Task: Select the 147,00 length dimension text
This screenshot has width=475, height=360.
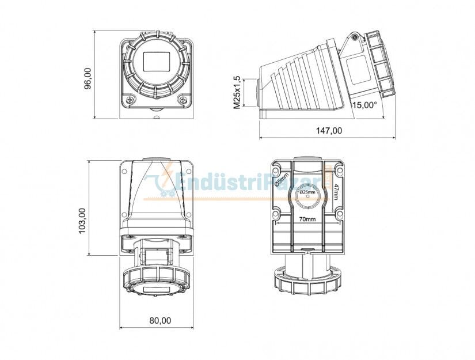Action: click(x=329, y=131)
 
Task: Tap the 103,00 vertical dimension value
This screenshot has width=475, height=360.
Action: click(x=82, y=220)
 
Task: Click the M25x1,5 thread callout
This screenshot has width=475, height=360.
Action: click(x=237, y=92)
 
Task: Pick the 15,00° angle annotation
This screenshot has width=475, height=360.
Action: click(x=364, y=105)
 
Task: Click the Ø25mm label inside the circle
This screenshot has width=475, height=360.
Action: click(x=307, y=191)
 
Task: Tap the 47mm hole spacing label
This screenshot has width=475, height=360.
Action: click(x=336, y=190)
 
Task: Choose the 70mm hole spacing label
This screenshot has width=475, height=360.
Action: click(x=307, y=219)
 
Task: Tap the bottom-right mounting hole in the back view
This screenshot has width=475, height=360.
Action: click(x=339, y=215)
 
